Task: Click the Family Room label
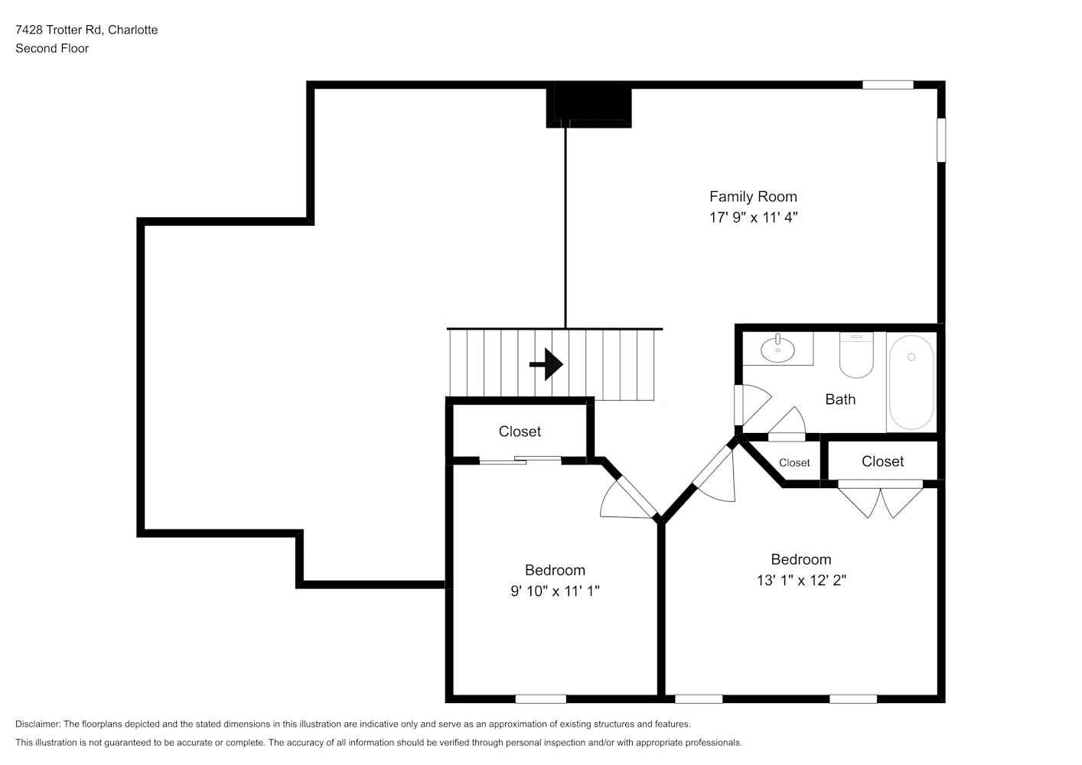coord(752,197)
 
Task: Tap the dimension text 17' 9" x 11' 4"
coord(753,217)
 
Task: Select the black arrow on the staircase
coord(547,364)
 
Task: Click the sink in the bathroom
coord(777,349)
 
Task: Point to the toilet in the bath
coord(856,355)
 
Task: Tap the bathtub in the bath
coord(911,382)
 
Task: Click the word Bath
coord(840,399)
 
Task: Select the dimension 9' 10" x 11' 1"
coord(555,591)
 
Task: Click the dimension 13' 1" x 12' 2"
coord(801,580)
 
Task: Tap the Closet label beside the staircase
coord(520,431)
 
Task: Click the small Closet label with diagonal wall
coord(794,463)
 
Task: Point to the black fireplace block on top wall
coord(588,105)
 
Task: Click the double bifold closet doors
coord(880,499)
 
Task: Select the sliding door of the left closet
coord(520,461)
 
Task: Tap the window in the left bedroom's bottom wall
coord(540,699)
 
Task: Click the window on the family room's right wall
coord(941,140)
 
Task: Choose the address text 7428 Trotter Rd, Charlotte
coord(86,30)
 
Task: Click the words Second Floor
coord(52,48)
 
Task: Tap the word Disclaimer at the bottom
coord(38,724)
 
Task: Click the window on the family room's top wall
coord(888,85)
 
